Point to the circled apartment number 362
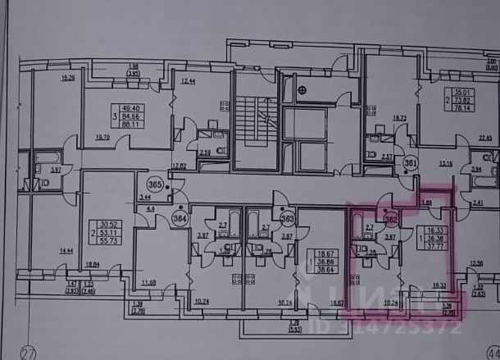(391, 218)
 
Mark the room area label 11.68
(148, 284)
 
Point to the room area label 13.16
(446, 163)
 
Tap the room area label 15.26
(68, 78)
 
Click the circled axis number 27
(30, 353)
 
